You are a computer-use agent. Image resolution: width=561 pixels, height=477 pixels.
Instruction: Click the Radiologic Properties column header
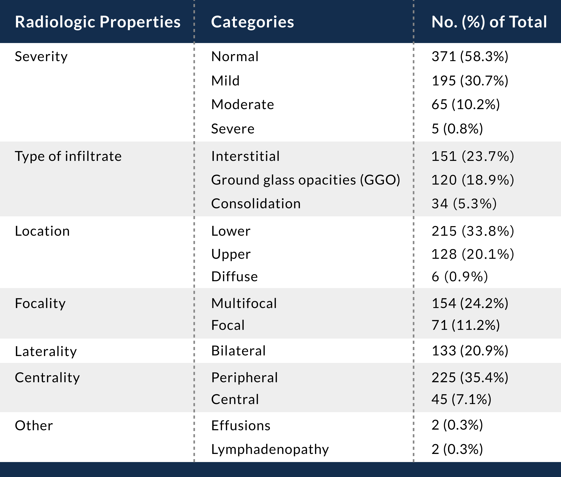pyautogui.click(x=98, y=22)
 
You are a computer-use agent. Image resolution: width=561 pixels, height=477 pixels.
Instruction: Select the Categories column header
pyautogui.click(x=252, y=22)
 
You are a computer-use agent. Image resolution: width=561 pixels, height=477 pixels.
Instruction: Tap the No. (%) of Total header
pyautogui.click(x=489, y=22)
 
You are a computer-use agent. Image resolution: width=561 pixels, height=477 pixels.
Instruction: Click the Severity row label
pyautogui.click(x=41, y=57)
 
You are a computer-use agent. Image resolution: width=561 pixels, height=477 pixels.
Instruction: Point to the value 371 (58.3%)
pyautogui.click(x=470, y=57)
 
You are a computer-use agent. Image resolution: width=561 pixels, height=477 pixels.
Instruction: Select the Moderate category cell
pyautogui.click(x=242, y=105)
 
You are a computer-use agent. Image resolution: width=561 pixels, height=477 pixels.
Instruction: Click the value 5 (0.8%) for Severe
pyautogui.click(x=457, y=129)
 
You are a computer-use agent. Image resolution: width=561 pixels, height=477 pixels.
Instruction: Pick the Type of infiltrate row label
pyautogui.click(x=68, y=156)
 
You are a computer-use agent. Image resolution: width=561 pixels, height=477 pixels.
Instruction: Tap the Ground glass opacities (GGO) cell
pyautogui.click(x=305, y=180)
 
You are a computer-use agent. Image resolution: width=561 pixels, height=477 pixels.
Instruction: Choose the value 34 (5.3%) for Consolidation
pyautogui.click(x=464, y=204)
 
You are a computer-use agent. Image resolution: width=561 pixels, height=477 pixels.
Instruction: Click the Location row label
pyautogui.click(x=42, y=231)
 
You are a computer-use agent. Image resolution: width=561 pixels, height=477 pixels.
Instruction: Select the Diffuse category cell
pyautogui.click(x=234, y=277)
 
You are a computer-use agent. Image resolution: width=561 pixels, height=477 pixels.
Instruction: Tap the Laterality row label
pyautogui.click(x=46, y=351)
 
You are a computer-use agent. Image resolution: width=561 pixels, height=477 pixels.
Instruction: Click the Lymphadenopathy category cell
pyautogui.click(x=270, y=449)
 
